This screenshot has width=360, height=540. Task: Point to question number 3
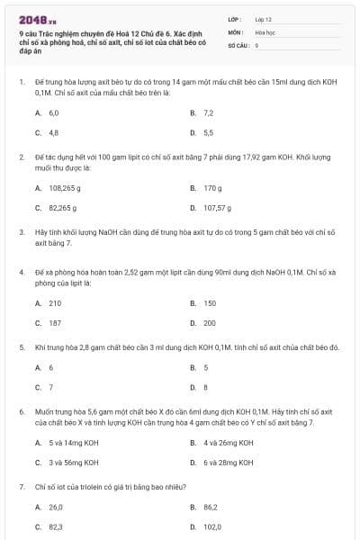(x=21, y=231)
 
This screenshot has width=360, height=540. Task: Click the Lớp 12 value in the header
(x=263, y=18)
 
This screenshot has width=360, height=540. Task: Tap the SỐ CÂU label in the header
(x=238, y=43)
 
